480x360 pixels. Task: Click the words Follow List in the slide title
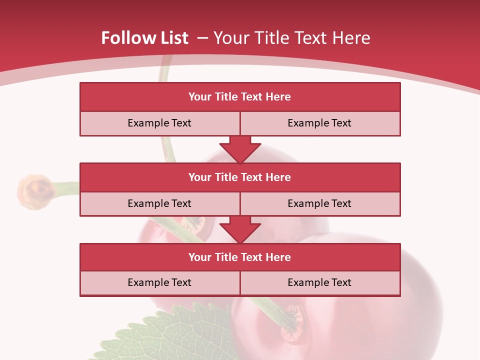tap(144, 38)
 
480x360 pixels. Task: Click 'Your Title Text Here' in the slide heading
tap(291, 38)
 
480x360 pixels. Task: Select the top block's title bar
tap(240, 97)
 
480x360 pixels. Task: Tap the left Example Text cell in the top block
tap(159, 123)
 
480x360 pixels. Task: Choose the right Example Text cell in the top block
tap(319, 123)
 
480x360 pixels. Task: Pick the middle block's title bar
tap(240, 177)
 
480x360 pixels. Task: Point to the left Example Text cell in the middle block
tap(159, 203)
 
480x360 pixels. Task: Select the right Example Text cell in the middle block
tap(319, 203)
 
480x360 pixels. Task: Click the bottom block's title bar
tap(240, 257)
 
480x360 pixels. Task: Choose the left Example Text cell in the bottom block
tap(159, 282)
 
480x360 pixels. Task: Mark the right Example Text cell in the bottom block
tap(319, 282)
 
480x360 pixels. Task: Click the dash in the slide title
tap(202, 38)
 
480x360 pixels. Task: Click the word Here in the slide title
tap(352, 38)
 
